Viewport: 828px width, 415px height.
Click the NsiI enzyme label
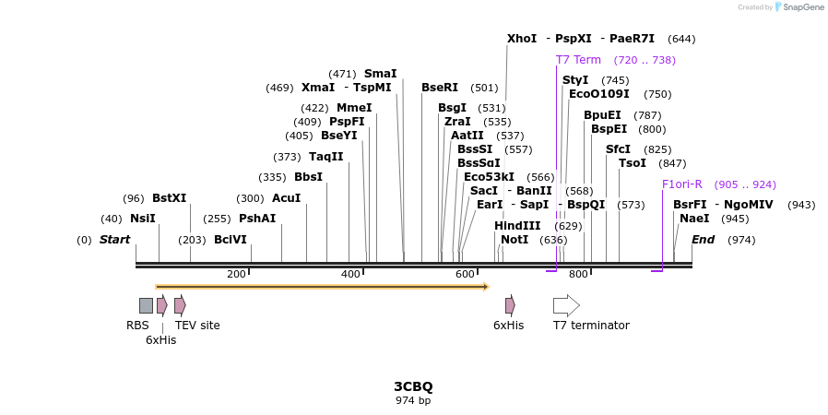click(x=143, y=219)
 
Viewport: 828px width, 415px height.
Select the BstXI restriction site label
click(x=169, y=198)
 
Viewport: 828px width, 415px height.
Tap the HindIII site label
click(x=517, y=226)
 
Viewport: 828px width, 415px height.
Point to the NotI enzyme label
click(x=515, y=240)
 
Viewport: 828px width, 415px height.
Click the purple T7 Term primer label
click(x=578, y=60)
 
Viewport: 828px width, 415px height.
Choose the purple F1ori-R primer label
click(x=682, y=184)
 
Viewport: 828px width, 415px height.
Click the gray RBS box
click(x=146, y=305)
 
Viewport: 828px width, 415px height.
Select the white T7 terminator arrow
click(x=566, y=305)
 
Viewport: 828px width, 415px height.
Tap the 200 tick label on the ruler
click(x=236, y=274)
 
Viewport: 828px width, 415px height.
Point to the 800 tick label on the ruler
click(x=578, y=274)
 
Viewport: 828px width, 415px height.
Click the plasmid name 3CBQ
click(x=413, y=386)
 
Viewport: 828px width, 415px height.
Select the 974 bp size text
click(x=413, y=400)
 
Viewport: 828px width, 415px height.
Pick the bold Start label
click(x=115, y=240)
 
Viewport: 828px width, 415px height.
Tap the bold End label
click(x=704, y=240)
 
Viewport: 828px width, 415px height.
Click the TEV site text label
click(x=197, y=326)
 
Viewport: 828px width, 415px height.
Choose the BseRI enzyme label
click(x=440, y=88)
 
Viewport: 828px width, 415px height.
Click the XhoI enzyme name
click(x=522, y=39)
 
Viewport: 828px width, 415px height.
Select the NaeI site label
click(x=694, y=219)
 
